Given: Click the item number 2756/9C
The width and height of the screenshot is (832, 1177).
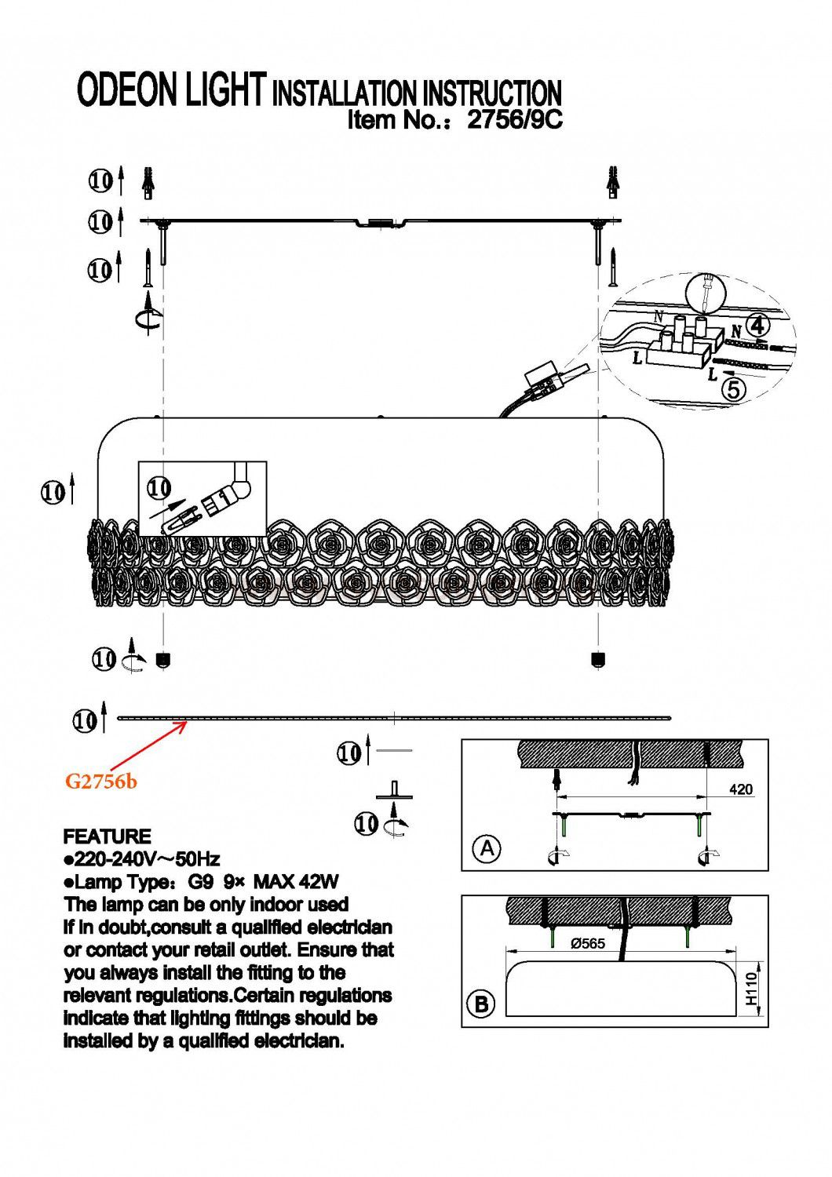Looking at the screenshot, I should [x=515, y=120].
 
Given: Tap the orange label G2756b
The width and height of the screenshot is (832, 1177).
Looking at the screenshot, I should [x=100, y=782].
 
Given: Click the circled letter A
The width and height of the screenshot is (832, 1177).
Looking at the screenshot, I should [x=487, y=848].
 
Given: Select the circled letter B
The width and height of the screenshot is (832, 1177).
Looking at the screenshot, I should [x=481, y=1004].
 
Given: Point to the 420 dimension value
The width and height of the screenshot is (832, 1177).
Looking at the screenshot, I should [x=740, y=789].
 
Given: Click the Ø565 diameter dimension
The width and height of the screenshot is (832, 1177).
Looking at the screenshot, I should [x=588, y=944].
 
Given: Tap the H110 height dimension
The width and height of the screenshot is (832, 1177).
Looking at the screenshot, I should [x=752, y=988].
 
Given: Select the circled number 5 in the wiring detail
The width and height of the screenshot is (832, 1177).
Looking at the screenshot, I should [x=732, y=389].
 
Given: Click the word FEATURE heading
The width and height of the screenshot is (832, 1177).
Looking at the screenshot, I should [x=107, y=836].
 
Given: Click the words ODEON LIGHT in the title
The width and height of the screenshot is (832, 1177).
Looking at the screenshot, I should [x=171, y=91].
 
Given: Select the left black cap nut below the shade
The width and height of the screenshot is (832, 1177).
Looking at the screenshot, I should [x=163, y=659].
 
